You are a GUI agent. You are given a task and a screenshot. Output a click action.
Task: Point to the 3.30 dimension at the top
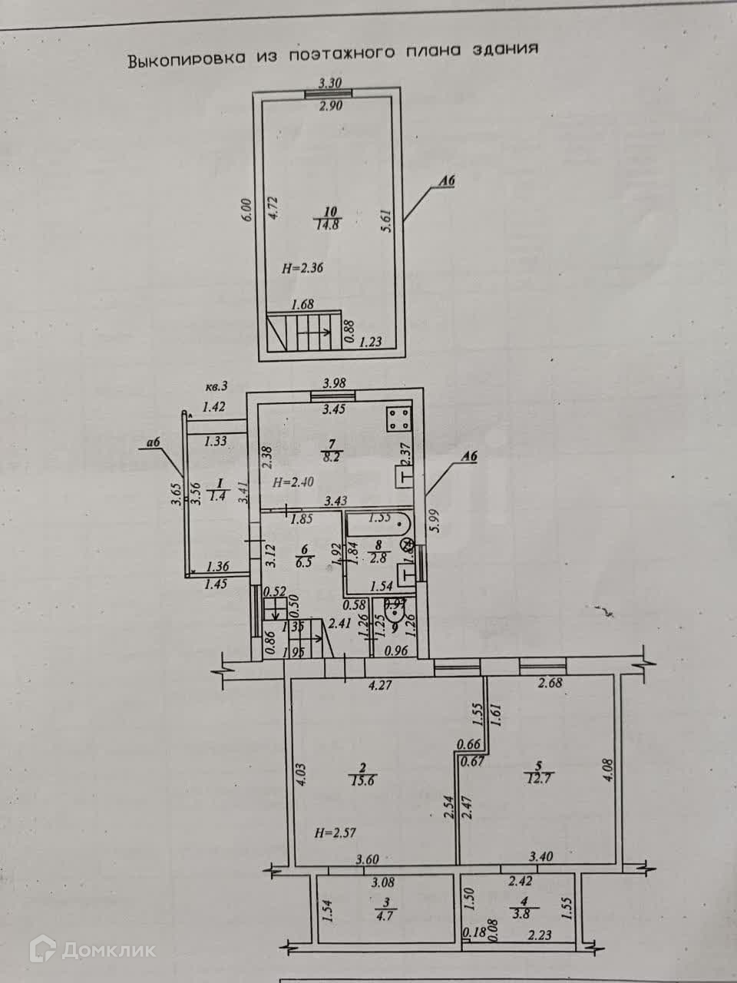[x=330, y=84]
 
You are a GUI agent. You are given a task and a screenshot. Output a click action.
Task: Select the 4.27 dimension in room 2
[x=381, y=686]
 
